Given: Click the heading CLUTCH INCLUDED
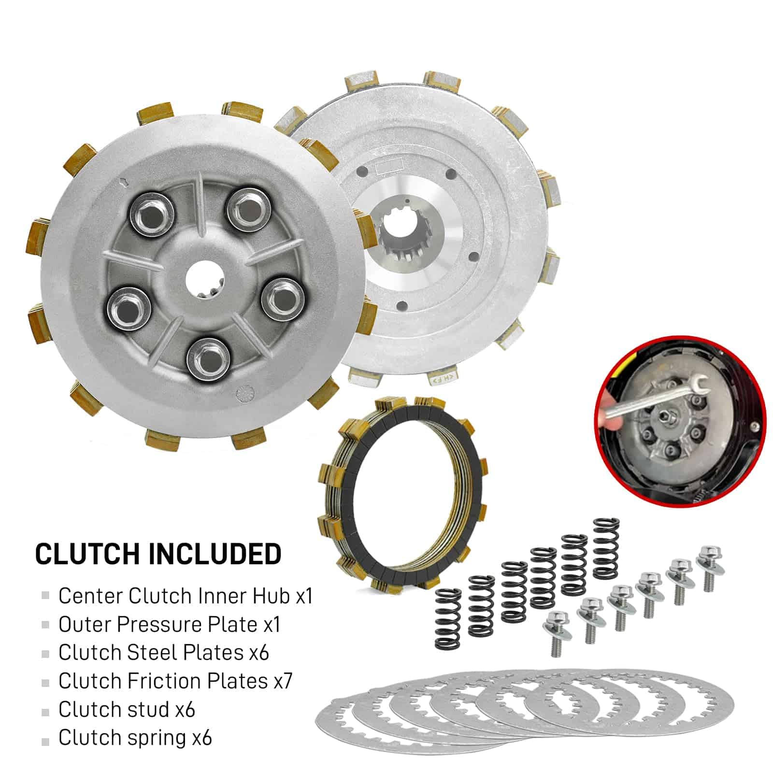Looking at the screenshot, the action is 158,554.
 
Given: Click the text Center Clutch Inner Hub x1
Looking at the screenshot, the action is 186,596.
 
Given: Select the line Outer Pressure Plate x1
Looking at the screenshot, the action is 170,624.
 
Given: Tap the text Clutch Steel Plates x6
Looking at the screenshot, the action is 164,652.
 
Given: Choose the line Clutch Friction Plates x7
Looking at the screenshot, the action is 175,681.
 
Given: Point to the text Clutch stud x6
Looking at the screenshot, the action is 127,709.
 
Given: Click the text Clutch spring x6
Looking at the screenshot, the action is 135,738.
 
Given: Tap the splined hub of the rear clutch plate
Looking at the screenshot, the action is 402,231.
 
